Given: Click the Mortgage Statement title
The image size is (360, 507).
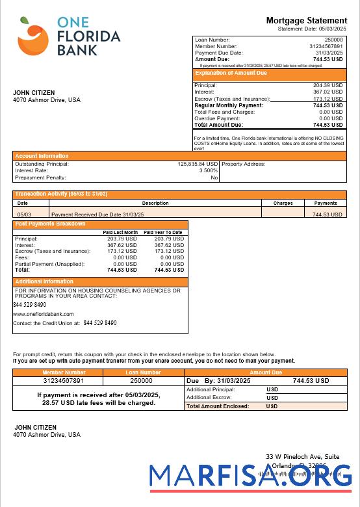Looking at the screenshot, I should [306, 21].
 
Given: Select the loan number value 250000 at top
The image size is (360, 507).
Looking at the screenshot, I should [333, 40].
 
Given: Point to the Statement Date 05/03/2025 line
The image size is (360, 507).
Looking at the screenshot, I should [312, 29].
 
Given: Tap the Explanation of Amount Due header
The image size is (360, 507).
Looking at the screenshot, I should [231, 73].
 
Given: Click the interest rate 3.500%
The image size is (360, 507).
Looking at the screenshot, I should [208, 171].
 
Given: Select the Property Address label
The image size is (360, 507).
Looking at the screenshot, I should [243, 164].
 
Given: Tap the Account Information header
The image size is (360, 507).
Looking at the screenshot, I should [42, 156].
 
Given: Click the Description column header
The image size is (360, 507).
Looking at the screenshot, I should [155, 203].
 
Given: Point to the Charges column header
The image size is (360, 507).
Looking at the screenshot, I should [283, 203].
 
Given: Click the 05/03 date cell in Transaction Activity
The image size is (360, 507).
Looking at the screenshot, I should [23, 214].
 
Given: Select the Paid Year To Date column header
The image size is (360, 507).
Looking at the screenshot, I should [163, 232].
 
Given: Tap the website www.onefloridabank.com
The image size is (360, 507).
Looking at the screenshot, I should [44, 314].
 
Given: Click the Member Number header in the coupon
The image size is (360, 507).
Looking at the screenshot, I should [64, 372].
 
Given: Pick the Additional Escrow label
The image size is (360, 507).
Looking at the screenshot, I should [210, 397].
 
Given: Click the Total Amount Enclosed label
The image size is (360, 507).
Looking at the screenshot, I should [218, 406].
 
